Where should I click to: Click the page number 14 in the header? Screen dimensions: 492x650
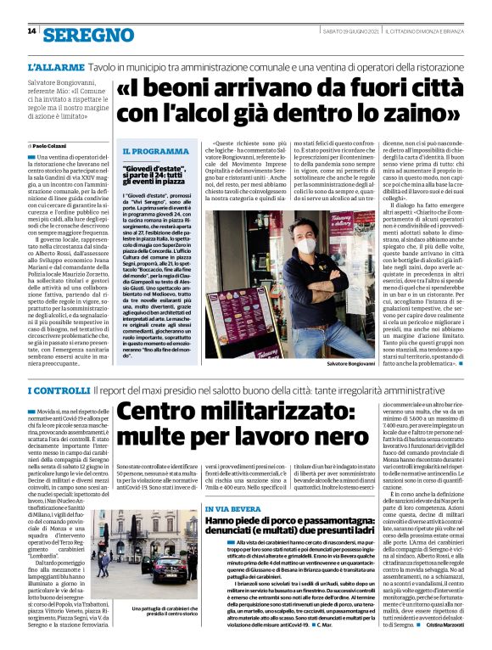pyautogui.click(x=31, y=31)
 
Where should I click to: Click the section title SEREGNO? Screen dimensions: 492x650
pyautogui.click(x=90, y=35)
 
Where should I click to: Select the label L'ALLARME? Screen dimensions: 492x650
pyautogui.click(x=54, y=65)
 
